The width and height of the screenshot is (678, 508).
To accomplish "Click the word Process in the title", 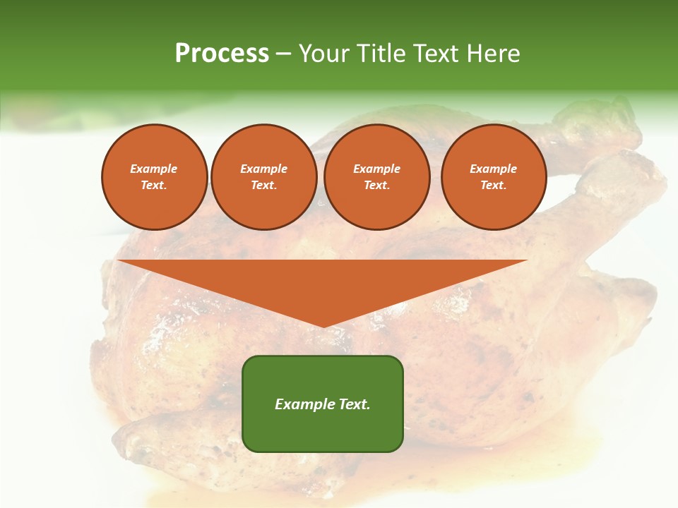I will [222, 54].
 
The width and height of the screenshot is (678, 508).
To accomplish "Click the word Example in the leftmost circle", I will [154, 169].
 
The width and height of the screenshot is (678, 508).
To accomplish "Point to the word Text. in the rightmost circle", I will [494, 186].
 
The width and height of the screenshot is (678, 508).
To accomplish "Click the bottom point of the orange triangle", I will [323, 325].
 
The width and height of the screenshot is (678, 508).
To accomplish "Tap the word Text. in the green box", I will [355, 404].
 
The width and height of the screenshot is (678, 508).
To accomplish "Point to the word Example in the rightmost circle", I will [493, 169].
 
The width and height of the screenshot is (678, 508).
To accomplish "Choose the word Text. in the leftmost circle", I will [154, 186].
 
